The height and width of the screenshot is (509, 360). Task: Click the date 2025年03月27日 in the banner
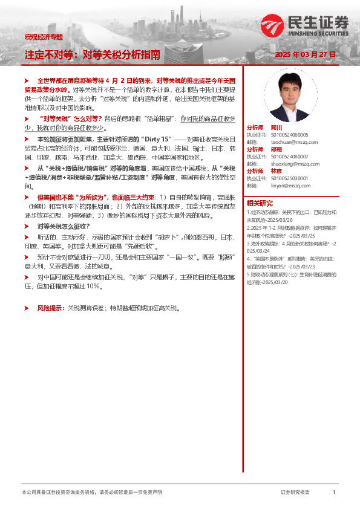tap(304, 54)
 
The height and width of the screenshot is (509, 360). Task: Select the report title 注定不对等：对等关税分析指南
tap(93, 54)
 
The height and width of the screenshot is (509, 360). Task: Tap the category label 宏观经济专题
tap(43, 37)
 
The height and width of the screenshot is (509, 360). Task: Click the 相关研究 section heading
tap(260, 203)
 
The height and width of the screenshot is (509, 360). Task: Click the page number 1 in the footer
tap(334, 493)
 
